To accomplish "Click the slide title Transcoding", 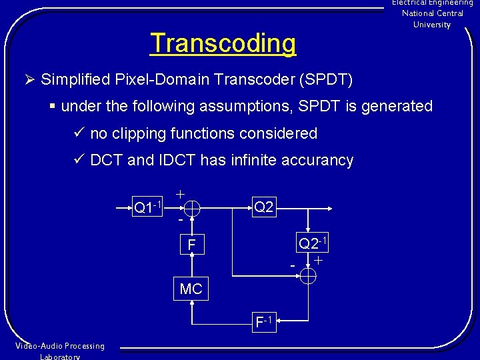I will click(x=223, y=43).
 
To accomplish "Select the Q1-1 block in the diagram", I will click(x=149, y=207).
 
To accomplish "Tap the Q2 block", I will click(x=264, y=207).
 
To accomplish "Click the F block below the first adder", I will click(x=191, y=245).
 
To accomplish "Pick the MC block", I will click(x=191, y=289).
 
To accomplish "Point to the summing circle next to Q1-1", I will click(x=191, y=209).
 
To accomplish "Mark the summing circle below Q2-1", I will click(x=308, y=275).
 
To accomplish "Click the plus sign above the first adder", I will click(x=180, y=193).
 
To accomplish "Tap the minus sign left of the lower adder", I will click(x=293, y=267).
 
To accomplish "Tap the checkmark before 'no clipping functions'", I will click(x=77, y=133).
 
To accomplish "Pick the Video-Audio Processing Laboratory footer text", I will click(x=60, y=351).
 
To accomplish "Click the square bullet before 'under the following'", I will click(x=53, y=107).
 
